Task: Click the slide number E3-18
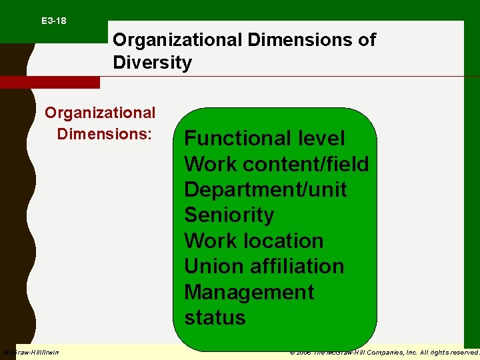click(53, 21)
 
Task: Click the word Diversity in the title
click(152, 63)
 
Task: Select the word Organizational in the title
click(177, 40)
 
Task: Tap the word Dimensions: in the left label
click(105, 133)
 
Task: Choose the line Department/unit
click(265, 189)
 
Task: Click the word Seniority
click(229, 215)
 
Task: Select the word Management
click(249, 292)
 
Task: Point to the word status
click(215, 317)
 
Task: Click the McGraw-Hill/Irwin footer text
click(31, 352)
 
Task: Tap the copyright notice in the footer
click(385, 352)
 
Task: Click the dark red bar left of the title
click(49, 82)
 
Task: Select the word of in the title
click(367, 40)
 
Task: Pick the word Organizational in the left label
click(100, 113)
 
